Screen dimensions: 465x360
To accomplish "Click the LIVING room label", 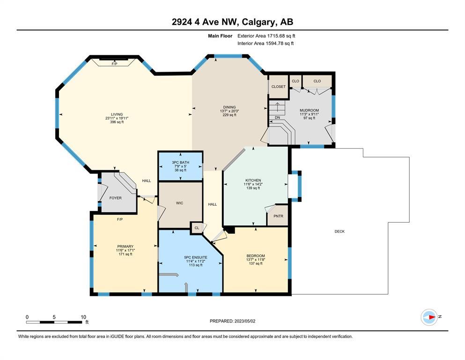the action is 117,114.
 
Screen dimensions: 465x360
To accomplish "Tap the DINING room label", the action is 229,107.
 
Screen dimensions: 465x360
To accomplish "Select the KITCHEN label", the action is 253,180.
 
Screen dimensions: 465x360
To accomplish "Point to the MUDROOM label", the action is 310,111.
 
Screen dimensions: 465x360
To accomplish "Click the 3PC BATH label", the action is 181,162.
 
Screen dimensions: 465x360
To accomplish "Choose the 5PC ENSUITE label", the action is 196,257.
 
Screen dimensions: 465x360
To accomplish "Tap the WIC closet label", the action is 180,203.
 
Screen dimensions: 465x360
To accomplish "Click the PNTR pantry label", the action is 279,216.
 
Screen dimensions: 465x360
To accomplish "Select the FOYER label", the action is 115,198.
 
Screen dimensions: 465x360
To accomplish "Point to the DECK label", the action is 340,232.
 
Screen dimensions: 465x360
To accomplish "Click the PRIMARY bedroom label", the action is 125,247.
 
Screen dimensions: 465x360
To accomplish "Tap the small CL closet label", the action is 197,228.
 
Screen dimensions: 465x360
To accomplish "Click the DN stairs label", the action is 277,118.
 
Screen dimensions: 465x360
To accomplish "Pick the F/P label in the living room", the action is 114,64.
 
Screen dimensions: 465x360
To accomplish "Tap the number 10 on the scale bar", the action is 83,317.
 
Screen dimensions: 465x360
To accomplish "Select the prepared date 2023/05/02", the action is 244,321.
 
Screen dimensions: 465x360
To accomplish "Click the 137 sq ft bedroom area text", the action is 256,263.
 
